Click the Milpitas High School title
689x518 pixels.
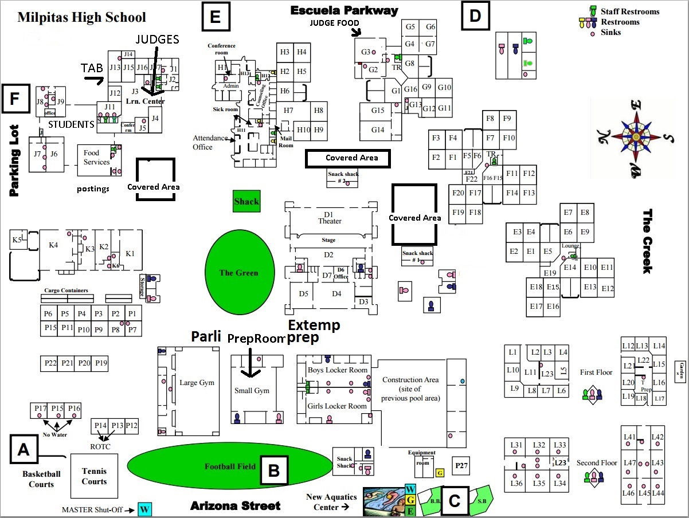(x=81, y=17)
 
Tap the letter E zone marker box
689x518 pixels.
(x=216, y=17)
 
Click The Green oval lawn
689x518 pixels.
(x=239, y=273)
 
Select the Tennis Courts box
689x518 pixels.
(x=94, y=476)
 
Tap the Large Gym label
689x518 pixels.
(x=197, y=383)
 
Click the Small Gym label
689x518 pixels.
(x=252, y=391)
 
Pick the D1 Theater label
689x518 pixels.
(x=329, y=218)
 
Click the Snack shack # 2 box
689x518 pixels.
(x=343, y=178)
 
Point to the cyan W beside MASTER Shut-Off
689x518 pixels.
(x=144, y=509)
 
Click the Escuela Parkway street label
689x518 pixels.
(x=344, y=10)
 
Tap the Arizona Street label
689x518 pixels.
(x=236, y=505)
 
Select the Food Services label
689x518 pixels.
(x=96, y=158)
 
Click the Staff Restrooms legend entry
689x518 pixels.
(x=630, y=11)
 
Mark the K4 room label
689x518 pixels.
(x=53, y=245)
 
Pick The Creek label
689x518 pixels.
(x=647, y=241)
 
